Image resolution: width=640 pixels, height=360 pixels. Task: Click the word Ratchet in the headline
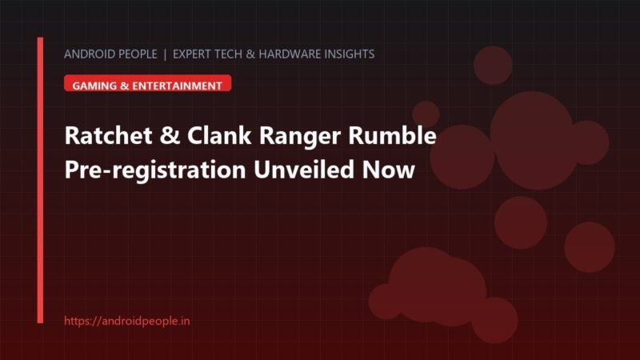point(109,135)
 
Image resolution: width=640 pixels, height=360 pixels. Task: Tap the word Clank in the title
point(219,135)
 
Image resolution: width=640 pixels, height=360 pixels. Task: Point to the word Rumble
point(392,135)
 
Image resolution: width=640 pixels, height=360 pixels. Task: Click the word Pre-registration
point(155,170)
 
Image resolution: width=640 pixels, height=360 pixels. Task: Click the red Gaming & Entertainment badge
point(148,83)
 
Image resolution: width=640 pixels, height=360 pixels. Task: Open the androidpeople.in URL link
point(127,321)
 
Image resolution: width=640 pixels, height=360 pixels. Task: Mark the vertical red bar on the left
point(40,181)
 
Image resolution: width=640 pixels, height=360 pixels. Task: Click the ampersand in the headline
point(170,136)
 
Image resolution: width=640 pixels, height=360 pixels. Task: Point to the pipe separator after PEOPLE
point(165,54)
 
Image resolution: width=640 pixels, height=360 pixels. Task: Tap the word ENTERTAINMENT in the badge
point(177,86)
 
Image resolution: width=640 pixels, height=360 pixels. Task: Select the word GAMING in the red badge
point(94,86)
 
